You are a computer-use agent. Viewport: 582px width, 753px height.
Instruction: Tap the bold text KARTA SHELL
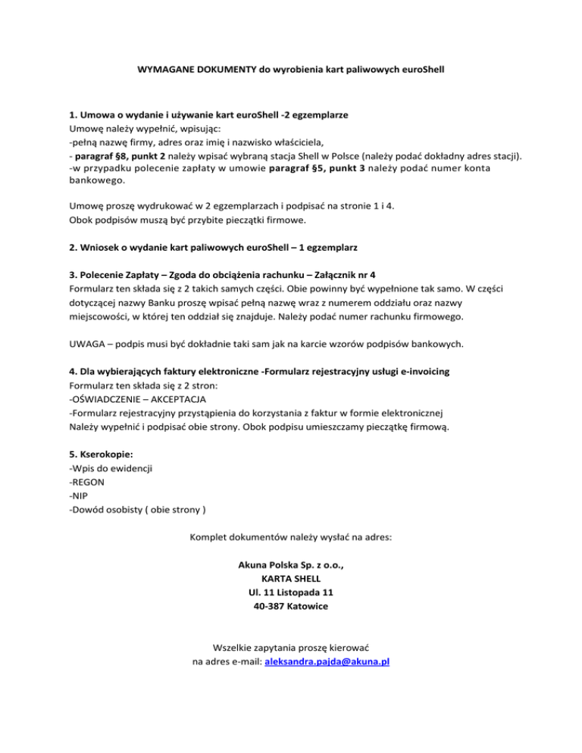[290, 578]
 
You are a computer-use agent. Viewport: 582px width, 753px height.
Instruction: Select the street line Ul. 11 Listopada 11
[290, 592]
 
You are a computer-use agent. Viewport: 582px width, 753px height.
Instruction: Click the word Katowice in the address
[310, 606]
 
